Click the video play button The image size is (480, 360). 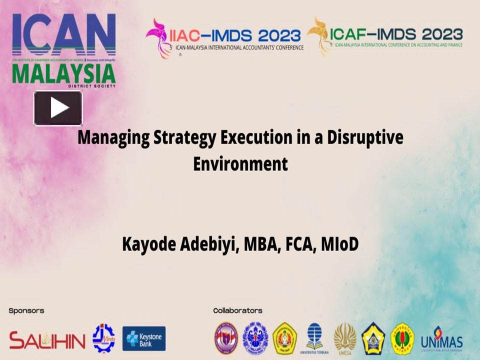click(58, 108)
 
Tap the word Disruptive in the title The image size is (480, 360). click(365, 137)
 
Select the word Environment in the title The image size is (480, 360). click(240, 164)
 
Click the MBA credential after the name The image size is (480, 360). click(260, 244)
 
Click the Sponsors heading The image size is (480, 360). click(26, 310)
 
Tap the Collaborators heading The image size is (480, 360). click(237, 310)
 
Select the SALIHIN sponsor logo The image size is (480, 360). click(47, 340)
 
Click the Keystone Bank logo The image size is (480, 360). click(144, 338)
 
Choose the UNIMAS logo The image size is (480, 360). click(441, 340)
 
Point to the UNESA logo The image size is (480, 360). click(345, 338)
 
